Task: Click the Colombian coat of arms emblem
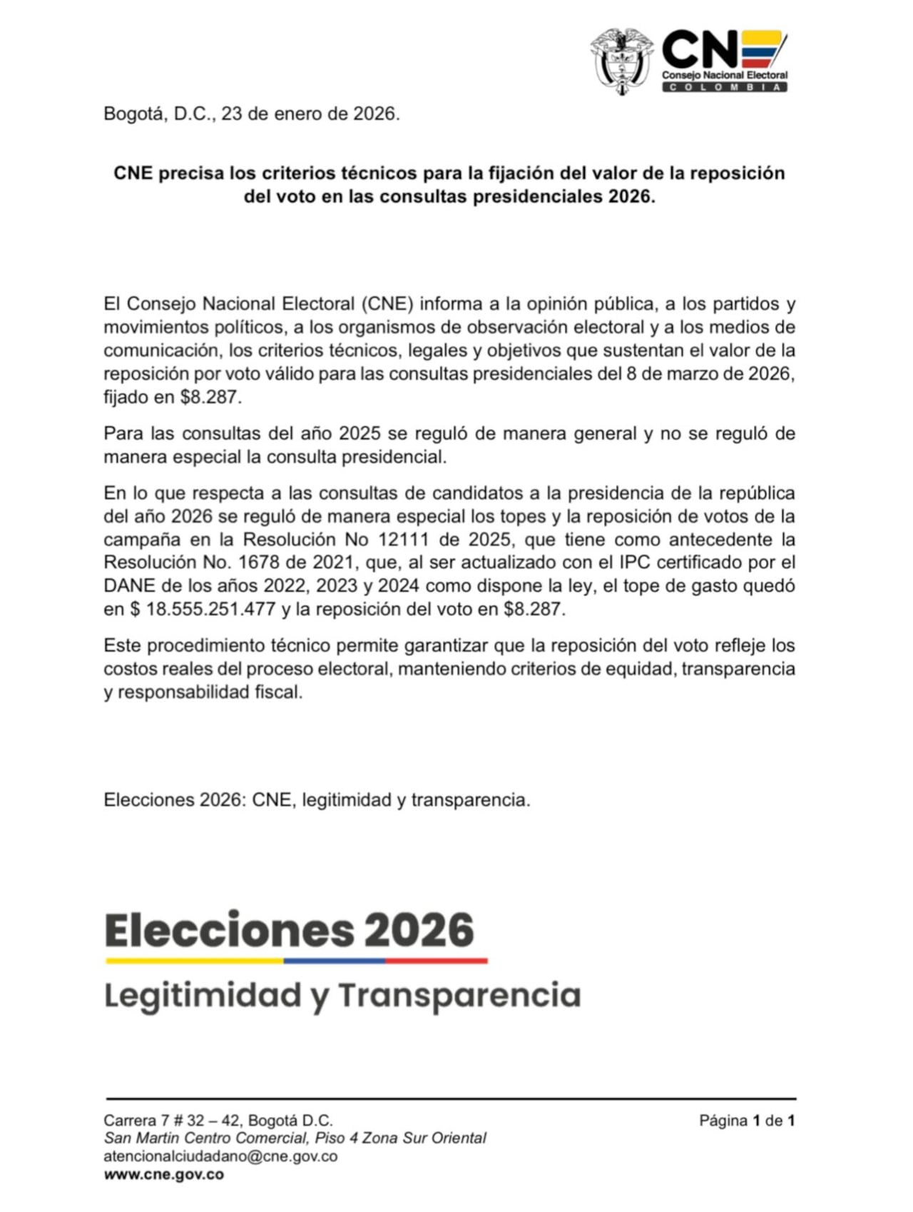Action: tap(622, 61)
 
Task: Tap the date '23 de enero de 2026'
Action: tap(310, 113)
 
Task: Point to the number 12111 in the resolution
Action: tap(403, 539)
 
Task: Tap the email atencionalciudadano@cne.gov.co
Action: tap(220, 1156)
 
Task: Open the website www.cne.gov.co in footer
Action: tap(164, 1174)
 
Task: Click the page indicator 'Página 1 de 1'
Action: tap(747, 1121)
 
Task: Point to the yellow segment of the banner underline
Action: tap(194, 961)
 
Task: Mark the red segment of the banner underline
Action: tap(437, 961)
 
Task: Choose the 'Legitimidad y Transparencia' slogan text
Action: tap(342, 995)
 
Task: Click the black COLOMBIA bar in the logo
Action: tap(725, 87)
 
